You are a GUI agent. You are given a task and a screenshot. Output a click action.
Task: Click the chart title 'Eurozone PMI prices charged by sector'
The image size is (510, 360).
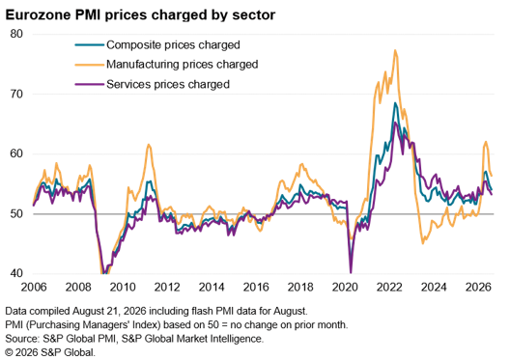(x=140, y=14)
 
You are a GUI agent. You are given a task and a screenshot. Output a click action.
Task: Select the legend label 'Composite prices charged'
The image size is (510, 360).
(x=173, y=44)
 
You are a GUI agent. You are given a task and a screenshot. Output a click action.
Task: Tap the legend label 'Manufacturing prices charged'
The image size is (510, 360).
(x=183, y=65)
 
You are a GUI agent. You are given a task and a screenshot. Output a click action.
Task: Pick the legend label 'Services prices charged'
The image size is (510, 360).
(x=168, y=84)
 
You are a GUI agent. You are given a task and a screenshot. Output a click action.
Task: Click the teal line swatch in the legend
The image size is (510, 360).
(x=90, y=44)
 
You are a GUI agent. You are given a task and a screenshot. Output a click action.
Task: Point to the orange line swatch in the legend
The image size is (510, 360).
(x=90, y=65)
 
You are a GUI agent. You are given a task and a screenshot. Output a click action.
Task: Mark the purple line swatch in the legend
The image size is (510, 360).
(x=90, y=85)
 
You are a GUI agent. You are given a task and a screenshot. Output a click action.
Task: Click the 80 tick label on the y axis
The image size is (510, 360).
(x=16, y=34)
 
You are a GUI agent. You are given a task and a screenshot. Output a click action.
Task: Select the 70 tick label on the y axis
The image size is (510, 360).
(x=16, y=94)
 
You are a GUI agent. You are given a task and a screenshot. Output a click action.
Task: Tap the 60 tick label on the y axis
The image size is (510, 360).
(x=16, y=153)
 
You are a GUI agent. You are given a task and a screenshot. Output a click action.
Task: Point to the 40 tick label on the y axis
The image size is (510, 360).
(x=16, y=273)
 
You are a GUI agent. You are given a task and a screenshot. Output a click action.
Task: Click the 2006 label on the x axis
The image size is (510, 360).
(x=34, y=288)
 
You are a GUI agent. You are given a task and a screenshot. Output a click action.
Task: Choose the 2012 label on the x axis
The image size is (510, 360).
(x=167, y=288)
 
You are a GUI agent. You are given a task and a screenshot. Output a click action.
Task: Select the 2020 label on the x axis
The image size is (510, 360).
(x=345, y=288)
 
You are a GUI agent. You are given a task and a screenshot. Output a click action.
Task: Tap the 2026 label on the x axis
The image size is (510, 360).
(x=478, y=288)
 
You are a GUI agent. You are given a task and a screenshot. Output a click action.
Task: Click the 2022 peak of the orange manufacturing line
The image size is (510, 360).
(x=395, y=50)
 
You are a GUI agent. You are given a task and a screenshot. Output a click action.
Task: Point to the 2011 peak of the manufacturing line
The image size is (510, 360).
(x=149, y=144)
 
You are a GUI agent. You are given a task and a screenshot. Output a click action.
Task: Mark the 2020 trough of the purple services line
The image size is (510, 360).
(x=351, y=273)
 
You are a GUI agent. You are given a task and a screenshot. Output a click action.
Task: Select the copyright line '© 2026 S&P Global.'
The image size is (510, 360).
(x=50, y=352)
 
